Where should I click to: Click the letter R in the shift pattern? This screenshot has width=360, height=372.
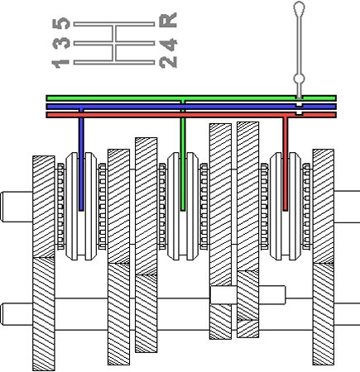[168, 20]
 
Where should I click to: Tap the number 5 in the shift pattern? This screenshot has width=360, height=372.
[61, 23]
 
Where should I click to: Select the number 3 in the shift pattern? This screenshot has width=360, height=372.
[61, 43]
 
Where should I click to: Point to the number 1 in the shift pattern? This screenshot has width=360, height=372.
[60, 64]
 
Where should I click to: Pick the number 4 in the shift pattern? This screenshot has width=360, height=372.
[168, 45]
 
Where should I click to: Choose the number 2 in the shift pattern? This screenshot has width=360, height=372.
[168, 61]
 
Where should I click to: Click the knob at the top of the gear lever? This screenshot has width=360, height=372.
[299, 8]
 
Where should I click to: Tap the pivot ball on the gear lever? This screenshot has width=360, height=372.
[299, 79]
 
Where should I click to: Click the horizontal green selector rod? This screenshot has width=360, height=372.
[191, 98]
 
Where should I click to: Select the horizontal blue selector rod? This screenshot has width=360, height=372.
[191, 107]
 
